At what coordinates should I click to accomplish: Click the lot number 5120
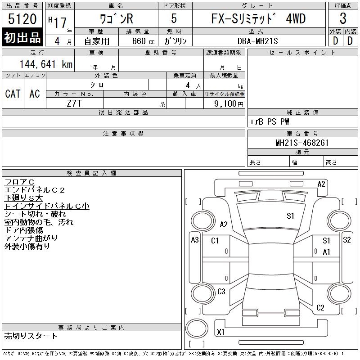(x=22, y=19)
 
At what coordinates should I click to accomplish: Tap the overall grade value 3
(x=343, y=19)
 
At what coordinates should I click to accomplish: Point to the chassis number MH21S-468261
(x=302, y=143)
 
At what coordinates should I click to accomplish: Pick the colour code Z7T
(x=74, y=103)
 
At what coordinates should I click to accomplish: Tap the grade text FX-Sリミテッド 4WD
(x=258, y=19)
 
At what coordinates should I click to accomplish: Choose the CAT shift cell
(x=13, y=94)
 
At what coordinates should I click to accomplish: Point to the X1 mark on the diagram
(x=220, y=332)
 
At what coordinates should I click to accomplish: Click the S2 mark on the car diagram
(x=346, y=240)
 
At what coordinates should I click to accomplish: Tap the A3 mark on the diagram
(x=195, y=240)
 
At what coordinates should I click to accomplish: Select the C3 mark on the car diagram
(x=221, y=292)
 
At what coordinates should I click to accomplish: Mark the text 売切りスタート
(x=31, y=336)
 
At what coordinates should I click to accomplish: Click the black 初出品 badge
(x=22, y=38)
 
